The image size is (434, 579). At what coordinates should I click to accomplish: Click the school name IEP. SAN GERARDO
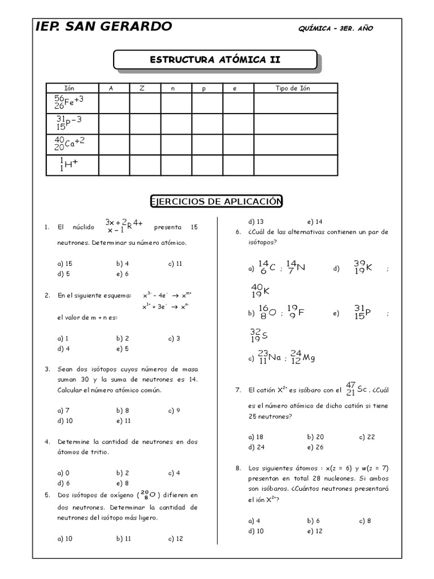click(103, 27)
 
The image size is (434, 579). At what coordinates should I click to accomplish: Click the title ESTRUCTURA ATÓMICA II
click(215, 59)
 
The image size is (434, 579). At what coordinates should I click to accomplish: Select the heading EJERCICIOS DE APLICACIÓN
click(216, 202)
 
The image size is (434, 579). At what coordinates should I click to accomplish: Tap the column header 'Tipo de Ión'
click(293, 88)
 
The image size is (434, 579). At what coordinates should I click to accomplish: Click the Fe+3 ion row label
click(69, 102)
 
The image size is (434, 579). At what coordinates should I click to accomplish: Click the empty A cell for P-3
click(114, 123)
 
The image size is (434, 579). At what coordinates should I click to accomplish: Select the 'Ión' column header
click(70, 88)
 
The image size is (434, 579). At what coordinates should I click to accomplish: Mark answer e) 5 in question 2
click(123, 348)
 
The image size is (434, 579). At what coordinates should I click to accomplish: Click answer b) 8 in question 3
click(123, 411)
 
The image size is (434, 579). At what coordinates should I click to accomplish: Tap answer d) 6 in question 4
click(63, 483)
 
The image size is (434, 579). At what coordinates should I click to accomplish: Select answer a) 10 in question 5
click(65, 539)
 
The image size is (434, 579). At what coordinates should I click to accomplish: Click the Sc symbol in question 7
click(362, 390)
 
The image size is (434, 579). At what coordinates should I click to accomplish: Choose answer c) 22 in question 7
click(367, 437)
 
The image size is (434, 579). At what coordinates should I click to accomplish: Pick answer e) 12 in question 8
click(315, 531)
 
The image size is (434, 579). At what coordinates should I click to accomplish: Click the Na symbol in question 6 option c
click(275, 358)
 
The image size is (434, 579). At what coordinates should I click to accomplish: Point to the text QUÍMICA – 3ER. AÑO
click(335, 28)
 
